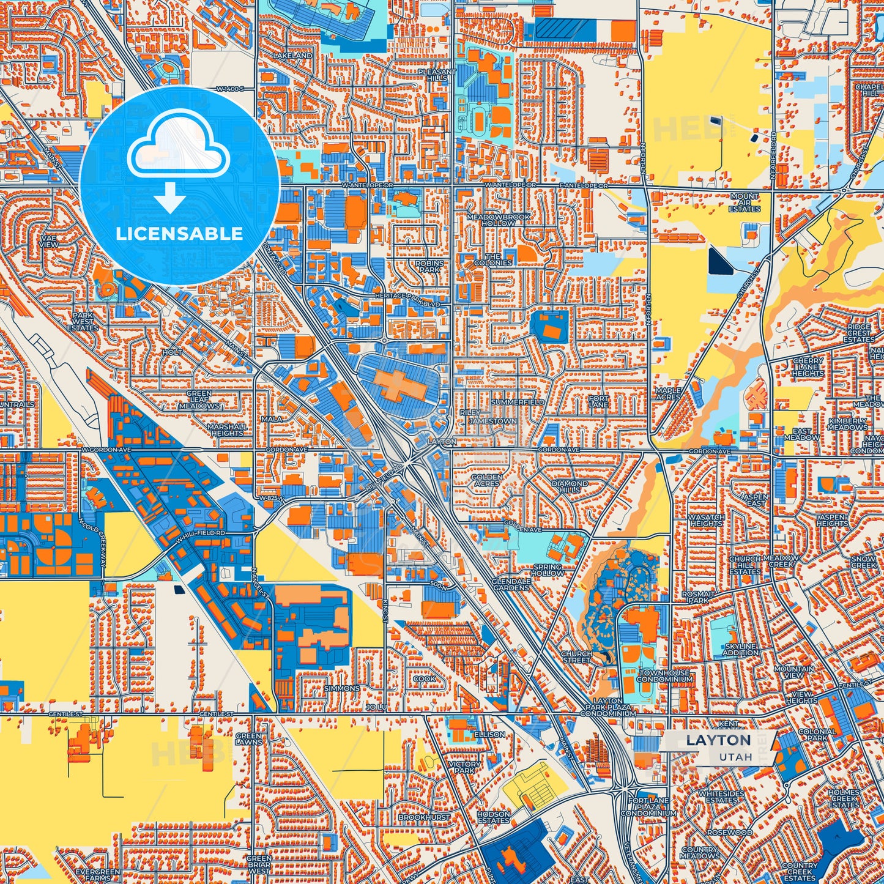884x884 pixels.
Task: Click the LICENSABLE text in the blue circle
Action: point(179,234)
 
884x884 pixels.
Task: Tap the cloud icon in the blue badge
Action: point(178,147)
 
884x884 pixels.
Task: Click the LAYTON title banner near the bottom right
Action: point(718,740)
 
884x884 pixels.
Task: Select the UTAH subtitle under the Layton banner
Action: point(735,757)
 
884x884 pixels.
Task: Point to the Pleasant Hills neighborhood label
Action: point(437,75)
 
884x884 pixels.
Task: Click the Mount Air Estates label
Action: point(744,202)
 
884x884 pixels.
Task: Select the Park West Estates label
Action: point(83,322)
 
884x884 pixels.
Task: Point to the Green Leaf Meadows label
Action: point(199,399)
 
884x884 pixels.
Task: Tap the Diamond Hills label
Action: point(570,486)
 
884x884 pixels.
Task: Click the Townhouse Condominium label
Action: point(664,675)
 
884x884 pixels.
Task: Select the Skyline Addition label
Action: point(740,649)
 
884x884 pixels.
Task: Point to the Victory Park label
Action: point(464,767)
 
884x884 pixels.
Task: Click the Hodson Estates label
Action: point(493,817)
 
